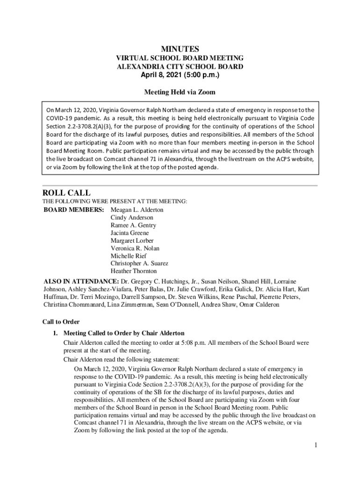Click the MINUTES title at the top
[x=180, y=49]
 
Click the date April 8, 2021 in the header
[x=165, y=75]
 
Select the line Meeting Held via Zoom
[x=180, y=92]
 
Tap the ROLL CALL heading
[x=66, y=193]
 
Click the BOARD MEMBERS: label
[x=74, y=210]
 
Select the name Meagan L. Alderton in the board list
[x=137, y=210]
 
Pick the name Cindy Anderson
[x=132, y=218]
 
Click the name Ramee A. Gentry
[x=133, y=225]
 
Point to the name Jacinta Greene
[x=130, y=233]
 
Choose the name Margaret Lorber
[x=132, y=240]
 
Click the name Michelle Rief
[x=129, y=256]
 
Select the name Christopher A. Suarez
[x=139, y=263]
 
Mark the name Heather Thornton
[x=134, y=271]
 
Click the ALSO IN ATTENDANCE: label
[x=81, y=282]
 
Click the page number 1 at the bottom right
[x=316, y=445]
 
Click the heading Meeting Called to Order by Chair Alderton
[x=124, y=334]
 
